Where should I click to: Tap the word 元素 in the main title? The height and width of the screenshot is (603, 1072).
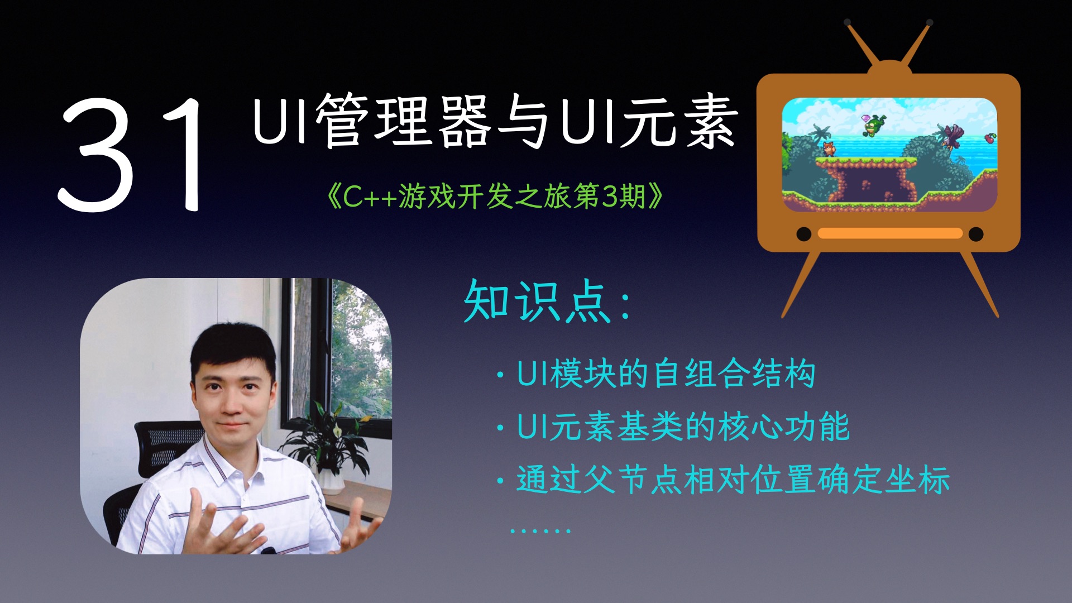(x=680, y=121)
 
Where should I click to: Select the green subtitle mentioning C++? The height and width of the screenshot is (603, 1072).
(x=495, y=196)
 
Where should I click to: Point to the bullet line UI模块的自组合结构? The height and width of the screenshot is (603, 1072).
(x=664, y=374)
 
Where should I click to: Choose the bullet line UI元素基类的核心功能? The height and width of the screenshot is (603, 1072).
(x=682, y=427)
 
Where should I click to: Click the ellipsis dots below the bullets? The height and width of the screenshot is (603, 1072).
(x=540, y=530)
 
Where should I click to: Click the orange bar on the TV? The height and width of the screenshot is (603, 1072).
(x=890, y=233)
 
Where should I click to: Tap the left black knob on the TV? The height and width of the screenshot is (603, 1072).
(x=803, y=234)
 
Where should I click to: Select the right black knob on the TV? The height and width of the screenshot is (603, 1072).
(x=976, y=234)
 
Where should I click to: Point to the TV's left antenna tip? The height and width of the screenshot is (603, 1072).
(x=848, y=23)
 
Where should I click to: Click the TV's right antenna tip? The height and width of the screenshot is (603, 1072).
(x=929, y=23)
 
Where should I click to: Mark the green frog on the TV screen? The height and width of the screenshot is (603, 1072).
(x=872, y=125)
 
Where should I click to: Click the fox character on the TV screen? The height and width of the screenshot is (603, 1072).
(x=828, y=149)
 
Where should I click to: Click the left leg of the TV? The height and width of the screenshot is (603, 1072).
(x=801, y=285)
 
